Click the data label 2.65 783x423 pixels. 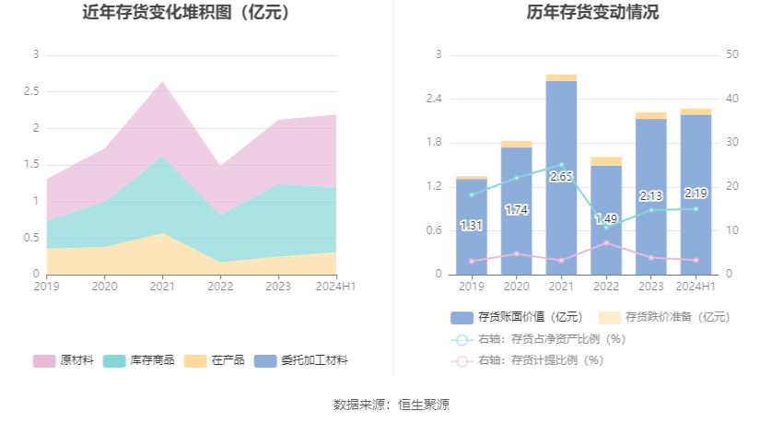click(561, 176)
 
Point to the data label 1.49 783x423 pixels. click(606, 218)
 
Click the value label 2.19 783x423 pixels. click(695, 194)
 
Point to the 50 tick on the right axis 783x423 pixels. click(733, 55)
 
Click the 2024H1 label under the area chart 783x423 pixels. click(337, 287)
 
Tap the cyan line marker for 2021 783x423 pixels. click(561, 165)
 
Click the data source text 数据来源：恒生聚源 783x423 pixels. click(391, 405)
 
